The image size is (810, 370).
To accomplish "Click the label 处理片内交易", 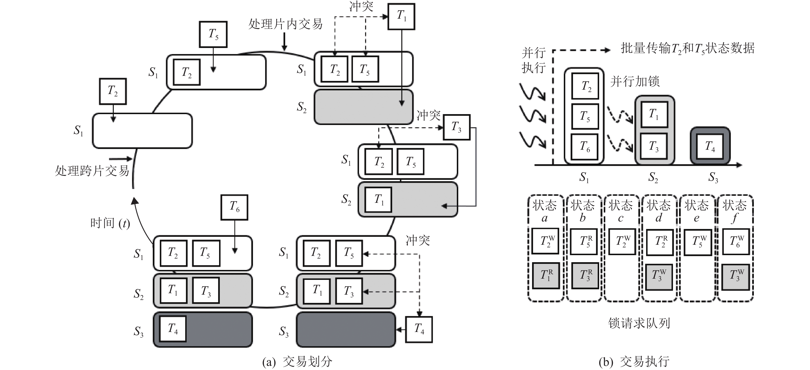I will point(285,24).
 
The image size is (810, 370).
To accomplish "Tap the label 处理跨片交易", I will point(92,171).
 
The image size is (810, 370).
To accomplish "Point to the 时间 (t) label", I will point(110,223).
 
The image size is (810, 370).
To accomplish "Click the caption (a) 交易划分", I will point(297,362).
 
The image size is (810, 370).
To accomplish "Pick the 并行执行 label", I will point(533,60).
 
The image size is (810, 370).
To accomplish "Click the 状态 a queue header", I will point(545,211).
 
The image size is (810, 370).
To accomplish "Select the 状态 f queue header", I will point(734,211).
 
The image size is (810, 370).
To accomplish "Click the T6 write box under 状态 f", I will point(736,242).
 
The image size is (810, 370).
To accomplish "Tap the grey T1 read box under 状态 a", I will point(546,276).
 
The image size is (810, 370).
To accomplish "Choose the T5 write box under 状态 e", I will point(698,242).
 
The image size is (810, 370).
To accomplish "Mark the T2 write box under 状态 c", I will point(622,242).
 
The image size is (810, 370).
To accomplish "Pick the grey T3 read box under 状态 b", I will point(585,276).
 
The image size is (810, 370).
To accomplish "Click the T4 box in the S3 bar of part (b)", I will point(710,146).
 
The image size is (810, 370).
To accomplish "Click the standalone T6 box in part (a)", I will point(234,207).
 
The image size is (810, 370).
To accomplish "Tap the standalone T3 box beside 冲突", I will point(457,127).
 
